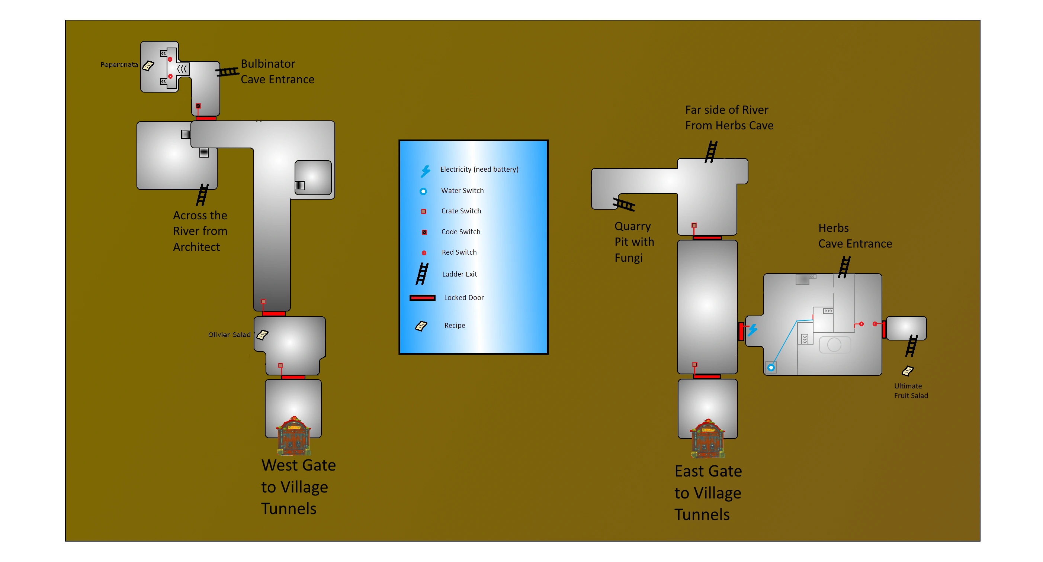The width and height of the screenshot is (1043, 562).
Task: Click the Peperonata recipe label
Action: (x=119, y=65)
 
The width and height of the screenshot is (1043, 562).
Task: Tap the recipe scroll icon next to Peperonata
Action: (x=148, y=65)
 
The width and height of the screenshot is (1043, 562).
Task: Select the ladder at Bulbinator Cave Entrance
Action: (x=227, y=72)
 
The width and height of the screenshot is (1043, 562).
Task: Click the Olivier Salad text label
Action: (x=229, y=335)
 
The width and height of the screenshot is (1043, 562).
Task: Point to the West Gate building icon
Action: (x=293, y=436)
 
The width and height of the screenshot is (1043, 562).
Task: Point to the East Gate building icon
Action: (x=708, y=439)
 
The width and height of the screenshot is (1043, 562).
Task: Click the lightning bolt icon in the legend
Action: (x=425, y=171)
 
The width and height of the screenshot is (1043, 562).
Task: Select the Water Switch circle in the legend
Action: (x=423, y=191)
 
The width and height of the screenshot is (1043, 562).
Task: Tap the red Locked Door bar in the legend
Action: (x=422, y=298)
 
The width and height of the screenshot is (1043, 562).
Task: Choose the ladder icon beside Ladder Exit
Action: (x=422, y=274)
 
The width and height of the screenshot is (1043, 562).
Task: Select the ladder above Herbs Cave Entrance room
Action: (x=844, y=267)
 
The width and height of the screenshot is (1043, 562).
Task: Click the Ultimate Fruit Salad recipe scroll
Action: (x=908, y=371)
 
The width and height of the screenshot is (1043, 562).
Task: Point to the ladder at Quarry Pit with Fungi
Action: (x=624, y=204)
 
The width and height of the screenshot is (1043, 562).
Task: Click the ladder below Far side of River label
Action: (x=711, y=152)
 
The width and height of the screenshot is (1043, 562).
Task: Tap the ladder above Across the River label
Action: (x=202, y=195)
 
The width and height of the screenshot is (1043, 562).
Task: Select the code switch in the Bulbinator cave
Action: (x=198, y=106)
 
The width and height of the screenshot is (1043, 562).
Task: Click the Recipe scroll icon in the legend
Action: (x=421, y=326)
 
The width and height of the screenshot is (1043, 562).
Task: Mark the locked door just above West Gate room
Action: (x=293, y=378)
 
